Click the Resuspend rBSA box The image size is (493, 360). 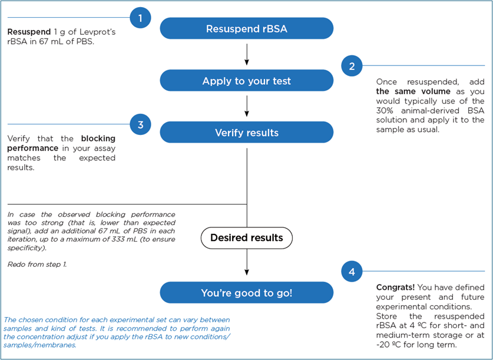click(x=246, y=29)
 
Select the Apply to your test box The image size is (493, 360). click(x=246, y=81)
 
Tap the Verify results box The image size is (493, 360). click(x=246, y=133)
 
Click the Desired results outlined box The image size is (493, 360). click(x=246, y=238)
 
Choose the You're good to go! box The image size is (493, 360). click(x=246, y=292)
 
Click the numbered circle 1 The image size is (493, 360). click(x=140, y=18)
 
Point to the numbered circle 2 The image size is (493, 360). click(x=352, y=66)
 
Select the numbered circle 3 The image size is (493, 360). click(x=140, y=124)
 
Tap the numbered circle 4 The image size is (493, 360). click(x=352, y=272)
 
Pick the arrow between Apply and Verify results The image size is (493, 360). click(x=246, y=106)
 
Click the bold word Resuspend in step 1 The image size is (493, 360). click(x=29, y=31)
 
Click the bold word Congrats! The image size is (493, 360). click(x=396, y=288)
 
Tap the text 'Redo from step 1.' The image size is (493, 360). click(x=37, y=265)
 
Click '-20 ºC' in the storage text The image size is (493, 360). click(x=389, y=345)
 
